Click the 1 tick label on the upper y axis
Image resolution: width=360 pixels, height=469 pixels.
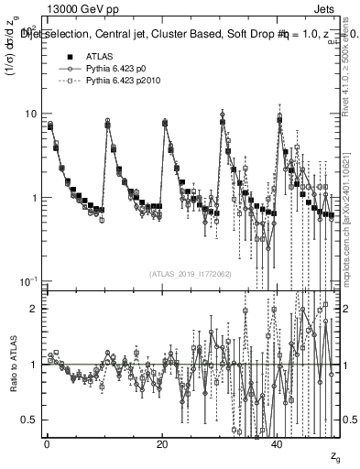coord(33,198)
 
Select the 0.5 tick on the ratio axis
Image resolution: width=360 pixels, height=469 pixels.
coord(29,420)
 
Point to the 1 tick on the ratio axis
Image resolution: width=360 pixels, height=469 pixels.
coord(33,365)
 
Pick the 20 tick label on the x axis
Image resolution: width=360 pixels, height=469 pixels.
coord(161,445)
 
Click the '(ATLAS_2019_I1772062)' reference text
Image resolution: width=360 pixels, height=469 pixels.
coord(191,273)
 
